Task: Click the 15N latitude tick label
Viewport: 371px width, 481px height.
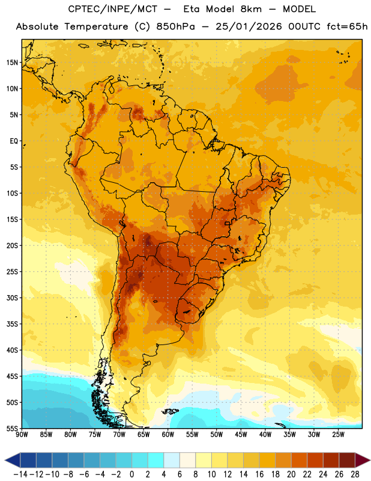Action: (x=12, y=63)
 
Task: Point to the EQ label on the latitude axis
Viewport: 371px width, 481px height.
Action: (x=14, y=141)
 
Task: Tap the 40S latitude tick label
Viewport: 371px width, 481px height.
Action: (x=12, y=350)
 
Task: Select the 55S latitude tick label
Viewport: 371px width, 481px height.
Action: (x=12, y=428)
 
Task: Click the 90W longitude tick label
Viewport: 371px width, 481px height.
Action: (x=22, y=435)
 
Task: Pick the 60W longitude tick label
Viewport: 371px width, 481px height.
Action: (x=168, y=435)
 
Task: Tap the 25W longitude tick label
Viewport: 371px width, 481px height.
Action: (x=338, y=435)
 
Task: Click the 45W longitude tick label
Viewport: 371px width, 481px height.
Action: (x=241, y=435)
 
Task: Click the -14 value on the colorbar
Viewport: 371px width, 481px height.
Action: (x=20, y=474)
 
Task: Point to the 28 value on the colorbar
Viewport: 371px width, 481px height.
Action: (x=355, y=474)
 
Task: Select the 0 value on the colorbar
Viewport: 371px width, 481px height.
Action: (x=131, y=474)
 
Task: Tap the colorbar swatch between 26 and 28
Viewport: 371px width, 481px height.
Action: (x=347, y=460)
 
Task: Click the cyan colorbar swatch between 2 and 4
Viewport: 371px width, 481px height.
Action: (x=156, y=460)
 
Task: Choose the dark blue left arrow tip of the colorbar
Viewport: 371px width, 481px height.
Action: (x=5, y=460)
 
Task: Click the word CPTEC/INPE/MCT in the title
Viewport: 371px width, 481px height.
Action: (x=112, y=9)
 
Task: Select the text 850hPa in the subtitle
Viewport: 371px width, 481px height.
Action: (x=175, y=26)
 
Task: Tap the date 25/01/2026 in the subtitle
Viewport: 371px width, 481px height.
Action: (x=249, y=26)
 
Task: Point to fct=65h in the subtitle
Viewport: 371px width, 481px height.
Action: (x=347, y=26)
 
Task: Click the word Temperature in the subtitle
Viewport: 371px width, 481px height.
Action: (x=96, y=26)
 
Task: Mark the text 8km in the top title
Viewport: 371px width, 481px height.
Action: (x=251, y=9)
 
